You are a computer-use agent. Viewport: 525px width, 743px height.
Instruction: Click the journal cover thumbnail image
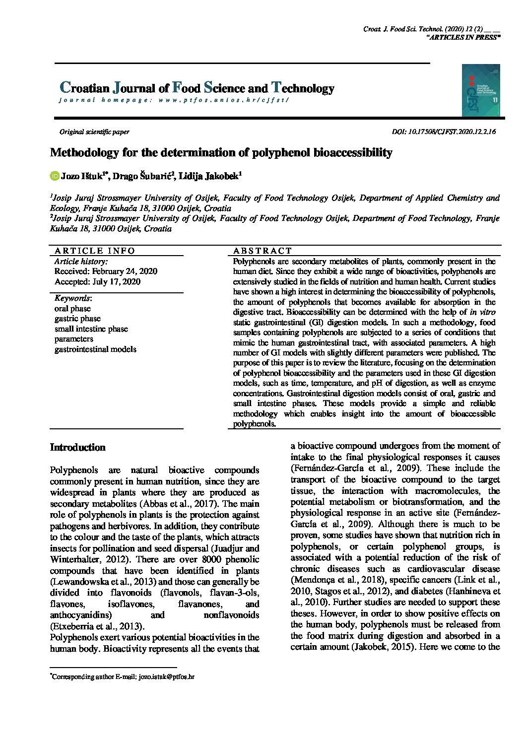(480, 90)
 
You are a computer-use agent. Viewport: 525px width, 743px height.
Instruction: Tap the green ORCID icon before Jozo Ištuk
(55, 176)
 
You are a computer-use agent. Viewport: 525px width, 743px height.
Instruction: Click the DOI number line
(444, 132)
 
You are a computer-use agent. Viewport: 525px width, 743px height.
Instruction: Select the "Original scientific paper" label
(94, 132)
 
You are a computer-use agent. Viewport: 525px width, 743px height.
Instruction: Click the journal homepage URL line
(173, 100)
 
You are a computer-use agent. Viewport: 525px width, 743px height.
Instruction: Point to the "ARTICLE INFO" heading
(95, 251)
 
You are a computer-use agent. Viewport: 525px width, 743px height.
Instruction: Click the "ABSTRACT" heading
(262, 251)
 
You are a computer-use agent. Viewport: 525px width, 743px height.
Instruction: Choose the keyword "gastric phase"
(77, 319)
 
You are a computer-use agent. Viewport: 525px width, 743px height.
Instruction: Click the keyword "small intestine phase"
(91, 329)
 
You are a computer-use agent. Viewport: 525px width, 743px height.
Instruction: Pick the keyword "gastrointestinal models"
(95, 349)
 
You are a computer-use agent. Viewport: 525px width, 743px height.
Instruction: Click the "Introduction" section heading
(78, 448)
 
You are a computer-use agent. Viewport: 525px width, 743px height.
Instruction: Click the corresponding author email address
(166, 676)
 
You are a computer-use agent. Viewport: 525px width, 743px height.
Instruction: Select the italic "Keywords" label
(72, 298)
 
